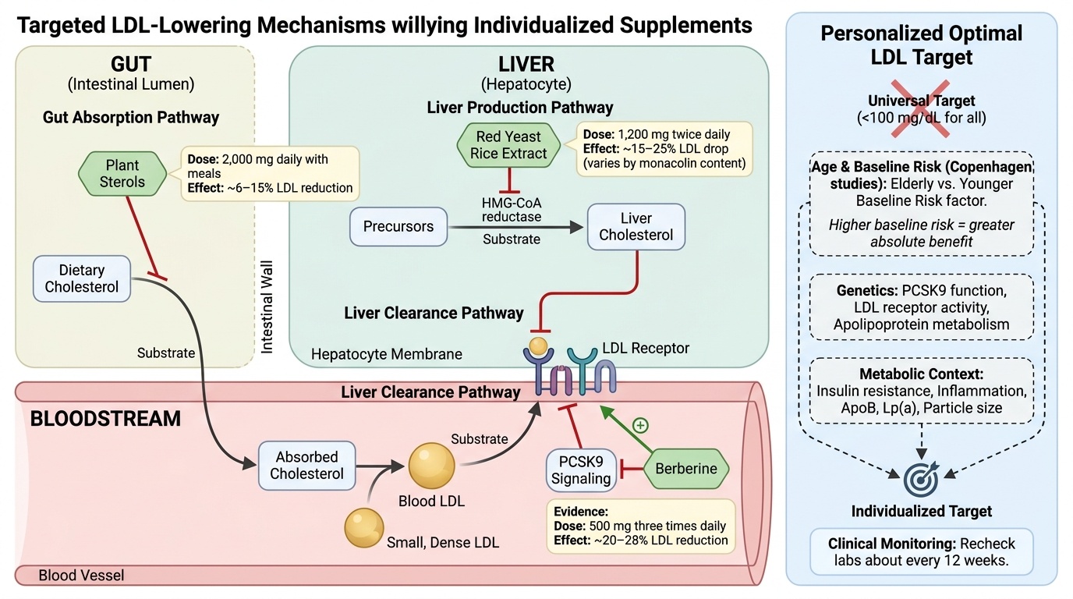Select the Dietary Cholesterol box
click(81, 278)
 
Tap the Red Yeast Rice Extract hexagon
click(508, 145)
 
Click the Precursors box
click(398, 227)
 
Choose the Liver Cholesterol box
click(636, 226)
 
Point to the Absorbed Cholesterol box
click(306, 466)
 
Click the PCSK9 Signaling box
click(580, 470)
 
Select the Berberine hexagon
click(686, 469)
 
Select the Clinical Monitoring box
click(922, 552)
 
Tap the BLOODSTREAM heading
click(105, 420)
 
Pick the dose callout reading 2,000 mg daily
click(270, 173)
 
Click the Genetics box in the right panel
click(922, 307)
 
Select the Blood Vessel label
click(81, 576)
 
